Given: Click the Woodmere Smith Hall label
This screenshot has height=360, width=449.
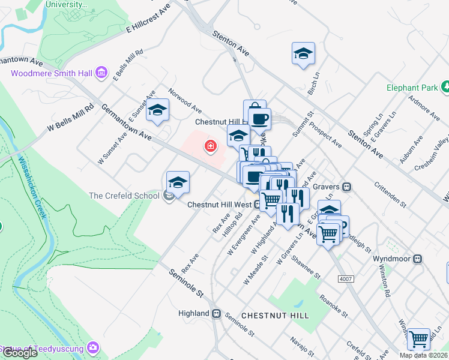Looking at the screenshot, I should (x=52, y=73).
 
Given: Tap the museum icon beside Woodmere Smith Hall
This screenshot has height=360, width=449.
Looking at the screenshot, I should (x=101, y=73).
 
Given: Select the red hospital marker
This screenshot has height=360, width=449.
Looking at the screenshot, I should (x=211, y=146).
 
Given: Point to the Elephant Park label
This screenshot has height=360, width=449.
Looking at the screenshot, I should (x=412, y=88).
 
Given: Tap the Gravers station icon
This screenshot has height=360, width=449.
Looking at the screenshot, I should (x=346, y=187).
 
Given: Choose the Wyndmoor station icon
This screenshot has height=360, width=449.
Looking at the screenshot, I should (x=417, y=259).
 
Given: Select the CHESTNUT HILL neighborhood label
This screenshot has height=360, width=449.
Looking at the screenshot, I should (x=275, y=315).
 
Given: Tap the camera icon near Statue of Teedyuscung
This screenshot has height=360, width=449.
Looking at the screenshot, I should (x=92, y=347).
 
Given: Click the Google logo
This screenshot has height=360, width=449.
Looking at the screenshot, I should (x=20, y=353).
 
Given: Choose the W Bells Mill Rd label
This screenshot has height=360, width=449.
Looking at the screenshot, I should (x=71, y=118).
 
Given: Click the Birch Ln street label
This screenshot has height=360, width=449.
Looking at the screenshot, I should (x=312, y=85).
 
